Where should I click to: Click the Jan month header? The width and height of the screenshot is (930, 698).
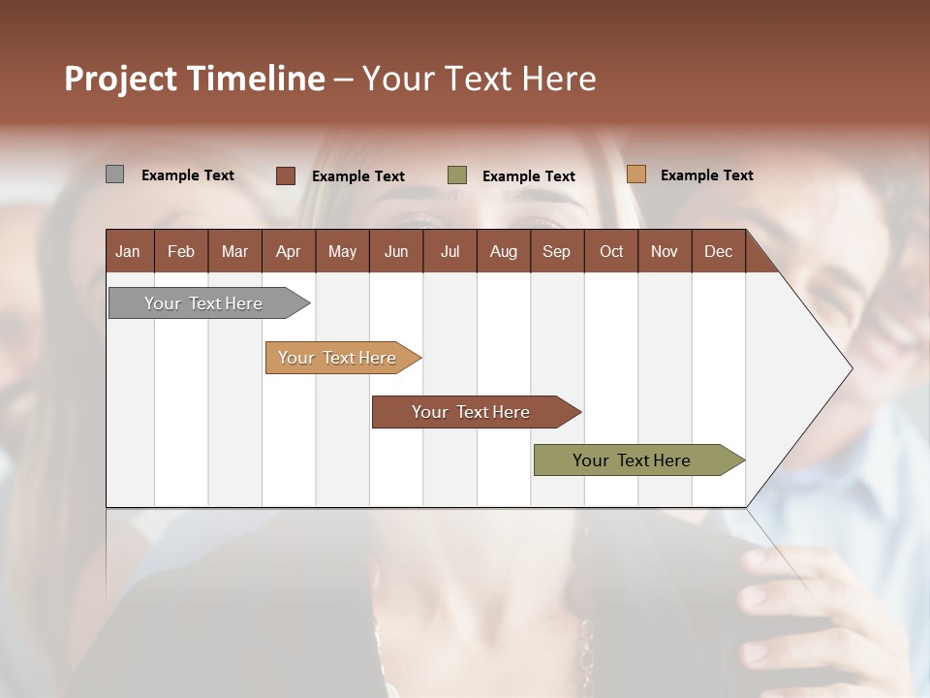pyautogui.click(x=128, y=251)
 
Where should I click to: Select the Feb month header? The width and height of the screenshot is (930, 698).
pyautogui.click(x=181, y=251)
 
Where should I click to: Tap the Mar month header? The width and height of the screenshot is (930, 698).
pyautogui.click(x=234, y=251)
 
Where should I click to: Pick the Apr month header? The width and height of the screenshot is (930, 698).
pyautogui.click(x=288, y=251)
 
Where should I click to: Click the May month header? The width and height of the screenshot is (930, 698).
pyautogui.click(x=342, y=251)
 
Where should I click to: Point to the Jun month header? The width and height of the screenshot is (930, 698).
pyautogui.click(x=396, y=251)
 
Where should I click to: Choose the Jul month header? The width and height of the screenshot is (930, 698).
pyautogui.click(x=449, y=251)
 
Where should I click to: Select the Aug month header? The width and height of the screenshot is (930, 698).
pyautogui.click(x=503, y=251)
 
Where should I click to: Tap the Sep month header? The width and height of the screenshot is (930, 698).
pyautogui.click(x=556, y=251)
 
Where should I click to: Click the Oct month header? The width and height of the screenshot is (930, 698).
pyautogui.click(x=611, y=251)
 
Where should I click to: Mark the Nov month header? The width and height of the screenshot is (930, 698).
pyautogui.click(x=665, y=251)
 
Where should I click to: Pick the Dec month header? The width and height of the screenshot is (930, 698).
pyautogui.click(x=718, y=251)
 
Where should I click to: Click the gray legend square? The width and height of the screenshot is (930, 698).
pyautogui.click(x=114, y=174)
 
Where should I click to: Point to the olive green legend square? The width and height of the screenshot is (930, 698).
pyautogui.click(x=457, y=174)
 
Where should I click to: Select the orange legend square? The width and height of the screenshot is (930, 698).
pyautogui.click(x=635, y=174)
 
